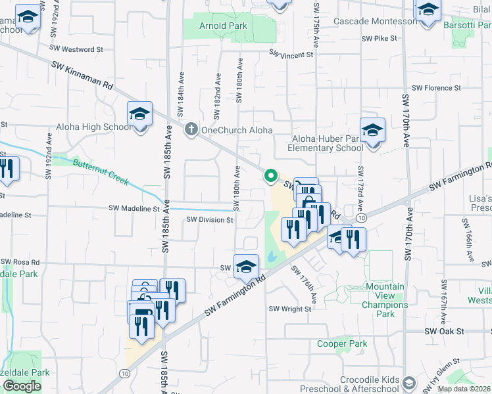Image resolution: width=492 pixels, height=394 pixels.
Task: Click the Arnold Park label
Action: click(224, 26)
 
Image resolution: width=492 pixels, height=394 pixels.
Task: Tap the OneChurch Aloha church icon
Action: click(191, 129)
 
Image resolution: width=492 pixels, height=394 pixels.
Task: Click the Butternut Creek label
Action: click(101, 173)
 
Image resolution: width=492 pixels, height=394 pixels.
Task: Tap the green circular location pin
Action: click(270, 175)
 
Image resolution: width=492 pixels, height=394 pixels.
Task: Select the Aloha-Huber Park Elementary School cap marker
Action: click(372, 131)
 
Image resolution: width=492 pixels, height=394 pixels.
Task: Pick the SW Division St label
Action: click(210, 220)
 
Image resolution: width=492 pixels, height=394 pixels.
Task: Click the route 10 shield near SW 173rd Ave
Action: click(361, 217)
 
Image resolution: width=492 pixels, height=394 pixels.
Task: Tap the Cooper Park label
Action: click(342, 343)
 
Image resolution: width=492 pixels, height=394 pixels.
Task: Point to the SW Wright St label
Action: click(290, 309)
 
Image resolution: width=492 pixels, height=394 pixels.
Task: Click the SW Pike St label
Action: click(380, 39)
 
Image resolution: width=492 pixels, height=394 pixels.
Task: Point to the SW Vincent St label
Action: click(290, 55)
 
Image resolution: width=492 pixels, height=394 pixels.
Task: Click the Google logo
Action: click(22, 385)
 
